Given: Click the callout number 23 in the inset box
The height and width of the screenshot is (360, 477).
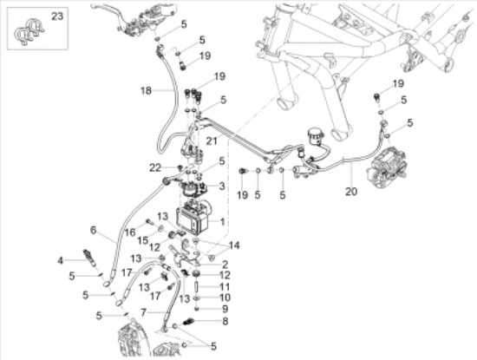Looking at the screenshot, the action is (x=57, y=16).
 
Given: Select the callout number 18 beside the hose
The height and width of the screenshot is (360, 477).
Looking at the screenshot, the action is (x=146, y=91).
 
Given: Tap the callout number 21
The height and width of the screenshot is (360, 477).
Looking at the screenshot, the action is (x=212, y=141).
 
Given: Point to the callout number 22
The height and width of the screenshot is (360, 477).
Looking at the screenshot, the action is (x=155, y=167).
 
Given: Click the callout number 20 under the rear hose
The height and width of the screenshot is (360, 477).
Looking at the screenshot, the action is (x=350, y=192).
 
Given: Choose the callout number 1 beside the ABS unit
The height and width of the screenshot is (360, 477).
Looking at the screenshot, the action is (x=222, y=222).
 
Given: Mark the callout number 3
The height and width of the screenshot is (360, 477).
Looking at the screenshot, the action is (x=222, y=186).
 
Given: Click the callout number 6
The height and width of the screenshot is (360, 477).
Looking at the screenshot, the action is (x=93, y=230).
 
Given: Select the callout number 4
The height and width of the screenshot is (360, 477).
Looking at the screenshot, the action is (x=61, y=261).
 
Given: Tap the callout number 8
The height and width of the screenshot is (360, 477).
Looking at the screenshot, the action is (x=225, y=321).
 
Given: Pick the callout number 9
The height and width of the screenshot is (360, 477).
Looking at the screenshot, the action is (x=225, y=309).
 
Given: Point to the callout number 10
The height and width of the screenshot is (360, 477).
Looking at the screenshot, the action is (x=225, y=298).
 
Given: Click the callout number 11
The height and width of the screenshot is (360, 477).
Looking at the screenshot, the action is (x=225, y=286).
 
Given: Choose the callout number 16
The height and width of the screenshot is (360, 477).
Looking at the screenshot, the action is (x=130, y=232).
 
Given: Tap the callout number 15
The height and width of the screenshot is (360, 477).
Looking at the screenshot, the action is (x=142, y=240).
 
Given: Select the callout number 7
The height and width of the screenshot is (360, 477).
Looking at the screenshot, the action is (x=144, y=312).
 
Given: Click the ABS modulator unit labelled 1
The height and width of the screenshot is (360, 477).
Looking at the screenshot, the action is (x=193, y=218).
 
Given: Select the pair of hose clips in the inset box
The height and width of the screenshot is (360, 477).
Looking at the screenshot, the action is (x=29, y=32).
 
